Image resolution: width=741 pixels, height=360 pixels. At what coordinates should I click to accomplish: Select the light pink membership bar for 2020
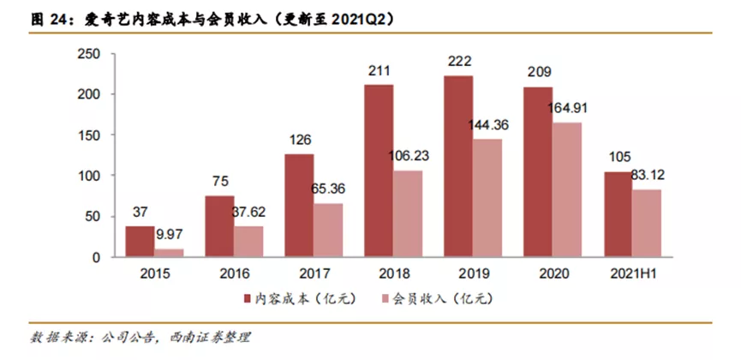pyautogui.click(x=566, y=189)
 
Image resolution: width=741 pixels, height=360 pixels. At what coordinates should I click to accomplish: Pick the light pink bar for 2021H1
pyautogui.click(x=646, y=223)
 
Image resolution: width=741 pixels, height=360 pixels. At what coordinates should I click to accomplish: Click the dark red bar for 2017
pyautogui.click(x=300, y=206)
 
